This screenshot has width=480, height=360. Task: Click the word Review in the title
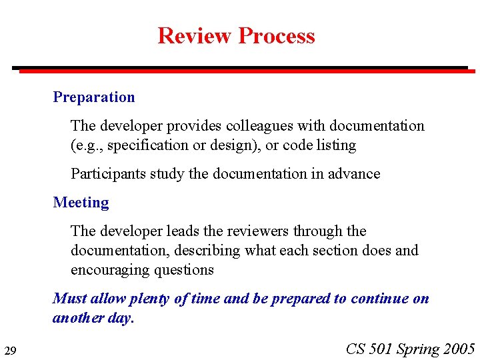tap(195, 35)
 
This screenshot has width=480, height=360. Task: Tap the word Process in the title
tap(277, 35)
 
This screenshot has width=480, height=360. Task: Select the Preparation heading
tap(94, 97)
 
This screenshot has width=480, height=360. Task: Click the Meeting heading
tap(81, 203)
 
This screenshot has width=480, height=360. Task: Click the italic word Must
tap(69, 299)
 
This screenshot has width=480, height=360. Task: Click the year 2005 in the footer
tap(458, 349)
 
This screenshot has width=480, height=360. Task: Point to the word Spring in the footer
tap(417, 349)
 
